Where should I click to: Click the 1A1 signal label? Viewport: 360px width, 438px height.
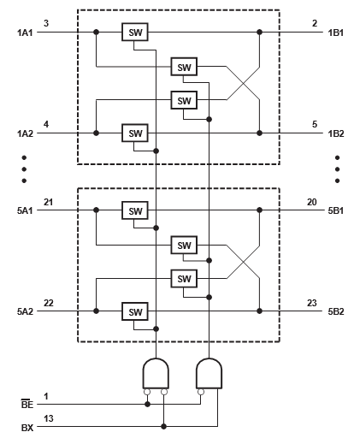[25, 33]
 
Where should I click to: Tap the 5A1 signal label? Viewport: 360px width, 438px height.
[25, 211]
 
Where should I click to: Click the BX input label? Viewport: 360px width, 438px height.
[27, 426]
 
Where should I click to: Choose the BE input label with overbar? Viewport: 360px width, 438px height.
[27, 405]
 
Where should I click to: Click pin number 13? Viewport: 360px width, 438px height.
[50, 418]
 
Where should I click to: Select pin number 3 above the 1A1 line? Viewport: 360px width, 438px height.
[47, 24]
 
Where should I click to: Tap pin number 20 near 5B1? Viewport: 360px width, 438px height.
[313, 202]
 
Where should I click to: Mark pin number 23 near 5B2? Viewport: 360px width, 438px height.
[313, 303]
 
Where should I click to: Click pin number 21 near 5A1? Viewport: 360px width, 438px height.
[50, 202]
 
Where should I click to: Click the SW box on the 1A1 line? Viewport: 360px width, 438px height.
[134, 33]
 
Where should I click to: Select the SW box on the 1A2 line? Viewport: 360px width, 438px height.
[134, 133]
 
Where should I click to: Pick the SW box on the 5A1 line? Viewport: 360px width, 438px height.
[134, 210]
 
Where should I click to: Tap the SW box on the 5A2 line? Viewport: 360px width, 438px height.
[134, 311]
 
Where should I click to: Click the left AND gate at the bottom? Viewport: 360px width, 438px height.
[155, 373]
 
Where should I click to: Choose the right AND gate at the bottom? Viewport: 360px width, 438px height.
[209, 373]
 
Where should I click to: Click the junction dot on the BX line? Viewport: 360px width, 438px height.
[164, 426]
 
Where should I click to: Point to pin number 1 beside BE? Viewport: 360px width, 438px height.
[47, 396]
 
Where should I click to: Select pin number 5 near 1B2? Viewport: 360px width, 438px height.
[315, 125]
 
